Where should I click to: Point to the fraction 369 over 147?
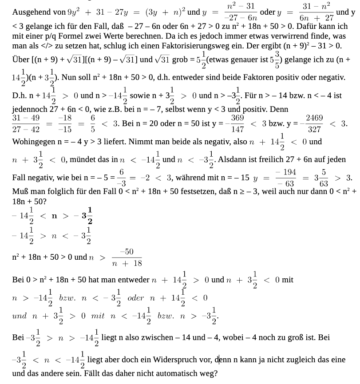tap(237, 123)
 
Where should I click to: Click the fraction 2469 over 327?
tap(314, 123)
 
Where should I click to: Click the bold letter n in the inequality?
tap(54, 216)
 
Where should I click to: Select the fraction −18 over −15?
tap(65, 123)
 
